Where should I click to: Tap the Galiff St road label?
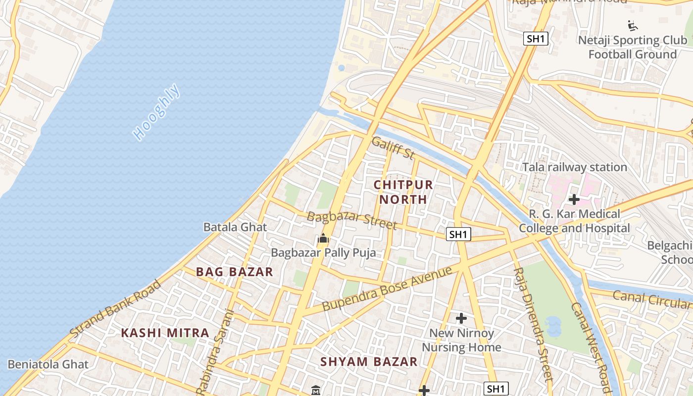(x=393, y=148)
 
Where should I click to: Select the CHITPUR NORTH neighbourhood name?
(x=403, y=192)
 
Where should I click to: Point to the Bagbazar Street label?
(x=351, y=220)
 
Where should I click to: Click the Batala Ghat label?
(x=235, y=227)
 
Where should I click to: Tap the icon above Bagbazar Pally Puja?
(x=323, y=239)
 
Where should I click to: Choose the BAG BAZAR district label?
(x=235, y=272)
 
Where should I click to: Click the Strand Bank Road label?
(x=116, y=309)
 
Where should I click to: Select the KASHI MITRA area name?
(x=165, y=333)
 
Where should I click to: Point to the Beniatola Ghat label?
(x=48, y=365)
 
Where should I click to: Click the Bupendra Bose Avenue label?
(x=387, y=289)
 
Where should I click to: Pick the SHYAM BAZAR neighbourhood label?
(x=369, y=362)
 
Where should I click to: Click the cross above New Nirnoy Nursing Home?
(x=461, y=318)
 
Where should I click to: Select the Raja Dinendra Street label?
(x=532, y=324)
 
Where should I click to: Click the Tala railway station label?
(x=575, y=167)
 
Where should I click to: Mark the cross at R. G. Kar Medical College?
(x=574, y=200)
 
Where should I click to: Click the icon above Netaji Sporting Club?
(x=632, y=25)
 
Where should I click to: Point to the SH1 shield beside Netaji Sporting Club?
(x=536, y=39)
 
